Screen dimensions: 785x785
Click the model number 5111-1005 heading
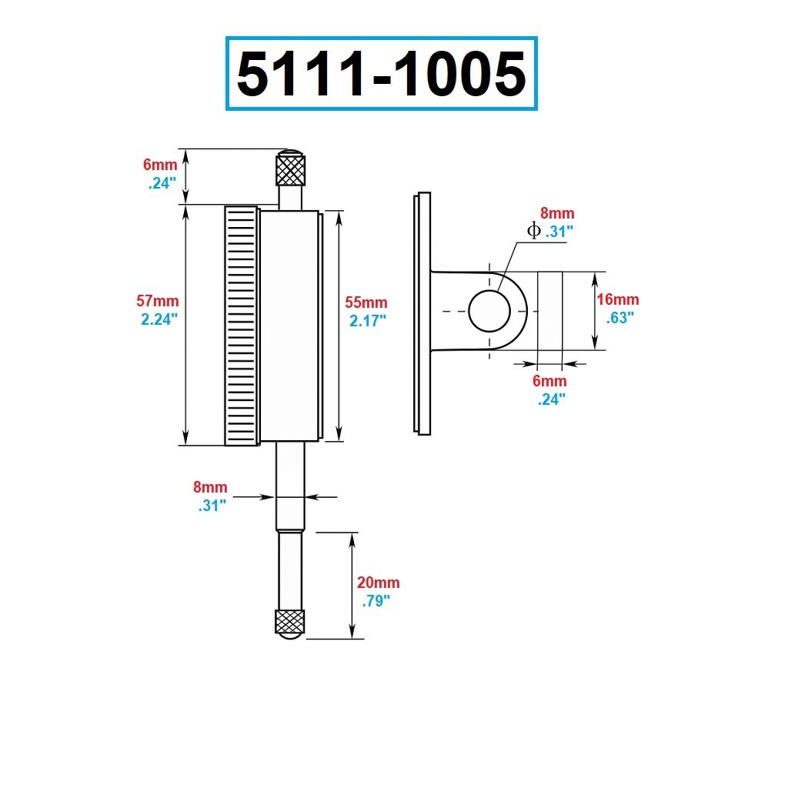tap(381, 75)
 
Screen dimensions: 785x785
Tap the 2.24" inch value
tap(159, 319)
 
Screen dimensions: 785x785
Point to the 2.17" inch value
tap(368, 320)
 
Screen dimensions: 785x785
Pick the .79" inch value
tap(376, 600)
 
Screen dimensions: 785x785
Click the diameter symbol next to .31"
tap(533, 230)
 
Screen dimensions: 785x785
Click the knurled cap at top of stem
tap(292, 169)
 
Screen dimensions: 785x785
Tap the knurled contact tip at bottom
tap(290, 622)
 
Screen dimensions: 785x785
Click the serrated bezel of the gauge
tap(242, 326)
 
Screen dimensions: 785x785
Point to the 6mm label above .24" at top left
tap(160, 165)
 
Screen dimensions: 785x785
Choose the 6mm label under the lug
tap(549, 381)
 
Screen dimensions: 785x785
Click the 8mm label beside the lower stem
tap(210, 487)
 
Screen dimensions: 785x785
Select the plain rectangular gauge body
tap(289, 326)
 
